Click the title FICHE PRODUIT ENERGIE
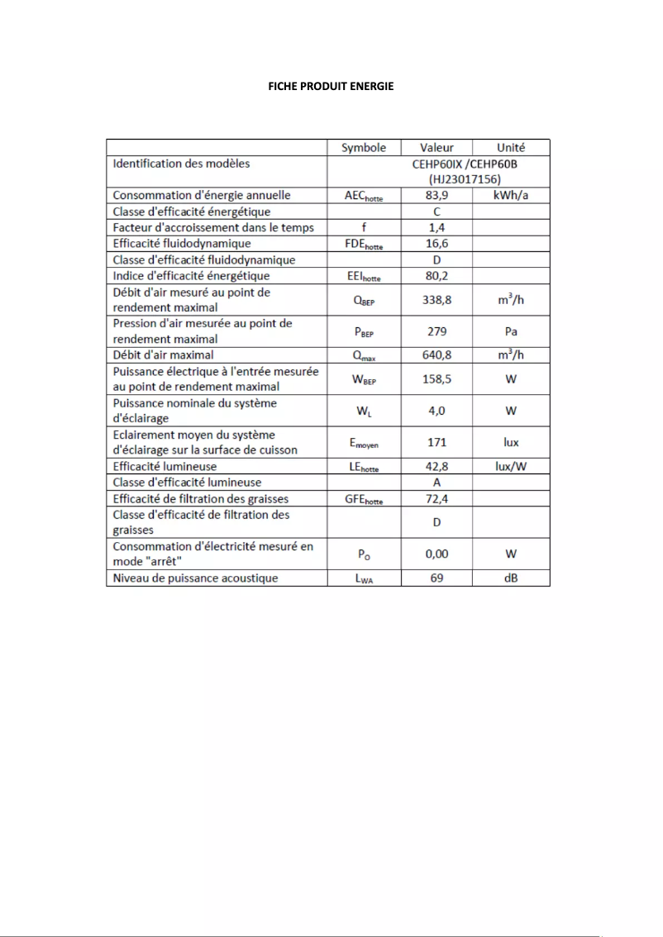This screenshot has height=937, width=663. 331,86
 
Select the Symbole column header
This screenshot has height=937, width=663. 364,147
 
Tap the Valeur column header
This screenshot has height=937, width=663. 436,147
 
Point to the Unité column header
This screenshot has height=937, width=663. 511,147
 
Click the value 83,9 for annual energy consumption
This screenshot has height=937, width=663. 436,196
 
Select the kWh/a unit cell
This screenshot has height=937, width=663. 511,196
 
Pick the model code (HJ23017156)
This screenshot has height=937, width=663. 465,178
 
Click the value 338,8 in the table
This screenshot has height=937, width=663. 436,300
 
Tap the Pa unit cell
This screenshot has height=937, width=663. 511,331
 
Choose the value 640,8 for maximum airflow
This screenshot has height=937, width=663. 436,355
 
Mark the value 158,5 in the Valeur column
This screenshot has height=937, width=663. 436,379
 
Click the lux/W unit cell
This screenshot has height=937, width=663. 511,467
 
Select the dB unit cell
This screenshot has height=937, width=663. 511,578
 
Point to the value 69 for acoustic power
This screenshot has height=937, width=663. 436,578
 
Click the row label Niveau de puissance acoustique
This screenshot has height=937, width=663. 195,578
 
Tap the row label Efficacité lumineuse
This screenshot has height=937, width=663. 165,467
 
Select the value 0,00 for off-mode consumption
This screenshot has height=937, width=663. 436,554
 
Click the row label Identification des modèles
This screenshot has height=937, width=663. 181,164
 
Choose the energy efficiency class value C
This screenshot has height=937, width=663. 436,212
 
